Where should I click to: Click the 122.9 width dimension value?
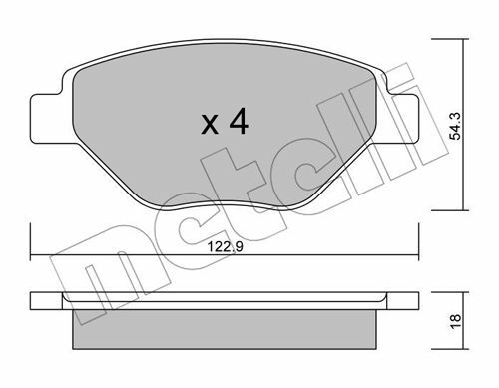pyautogui.click(x=226, y=247)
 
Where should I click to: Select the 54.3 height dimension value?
pyautogui.click(x=455, y=126)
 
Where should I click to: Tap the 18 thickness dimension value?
pyautogui.click(x=456, y=321)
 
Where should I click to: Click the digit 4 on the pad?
pyautogui.click(x=239, y=121)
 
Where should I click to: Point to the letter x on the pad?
pyautogui.click(x=210, y=125)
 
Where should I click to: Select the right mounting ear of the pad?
pyautogui.click(x=401, y=119)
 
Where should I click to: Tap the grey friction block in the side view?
pyautogui.click(x=226, y=329)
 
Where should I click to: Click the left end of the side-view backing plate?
pyautogui.click(x=31, y=301)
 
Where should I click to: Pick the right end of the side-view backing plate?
pyautogui.click(x=418, y=301)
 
